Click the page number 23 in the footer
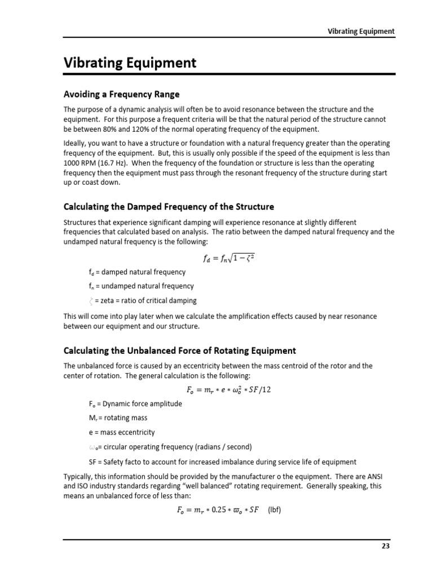pyautogui.click(x=386, y=545)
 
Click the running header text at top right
pyautogui.click(x=361, y=31)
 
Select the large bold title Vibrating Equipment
pyautogui.click(x=130, y=63)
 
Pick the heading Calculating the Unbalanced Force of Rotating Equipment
pyautogui.click(x=179, y=350)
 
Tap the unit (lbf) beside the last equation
pyautogui.click(x=275, y=511)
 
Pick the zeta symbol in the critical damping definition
pyautogui.click(x=91, y=300)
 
